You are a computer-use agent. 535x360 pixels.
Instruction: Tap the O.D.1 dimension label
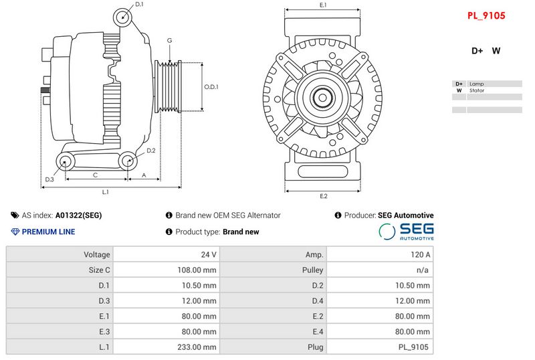[211, 87]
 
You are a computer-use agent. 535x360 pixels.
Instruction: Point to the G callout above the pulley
[170, 41]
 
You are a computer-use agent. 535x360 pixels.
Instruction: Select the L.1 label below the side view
[105, 193]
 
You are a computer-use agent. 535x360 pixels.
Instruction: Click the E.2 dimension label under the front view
[323, 196]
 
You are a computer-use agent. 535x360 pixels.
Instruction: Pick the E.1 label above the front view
[323, 5]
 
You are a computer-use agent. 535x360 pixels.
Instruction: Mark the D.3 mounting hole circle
[66, 161]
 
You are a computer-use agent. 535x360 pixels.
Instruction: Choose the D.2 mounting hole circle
[127, 161]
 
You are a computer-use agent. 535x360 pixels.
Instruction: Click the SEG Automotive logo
[407, 232]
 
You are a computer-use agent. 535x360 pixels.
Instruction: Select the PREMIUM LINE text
[48, 232]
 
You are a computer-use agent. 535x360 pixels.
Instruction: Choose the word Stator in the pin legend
[477, 90]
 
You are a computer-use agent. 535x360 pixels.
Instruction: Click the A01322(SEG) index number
[78, 215]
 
